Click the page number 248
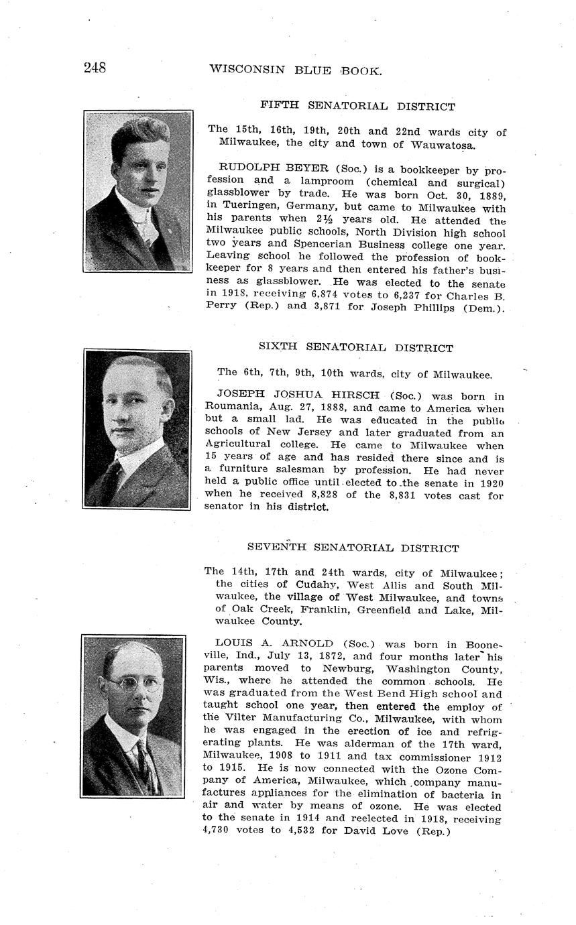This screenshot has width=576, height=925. [95, 68]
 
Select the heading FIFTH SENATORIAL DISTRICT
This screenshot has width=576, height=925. [357, 106]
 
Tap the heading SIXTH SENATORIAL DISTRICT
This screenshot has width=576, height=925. [355, 347]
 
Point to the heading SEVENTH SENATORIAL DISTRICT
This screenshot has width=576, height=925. [353, 548]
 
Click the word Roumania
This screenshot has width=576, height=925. [230, 408]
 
